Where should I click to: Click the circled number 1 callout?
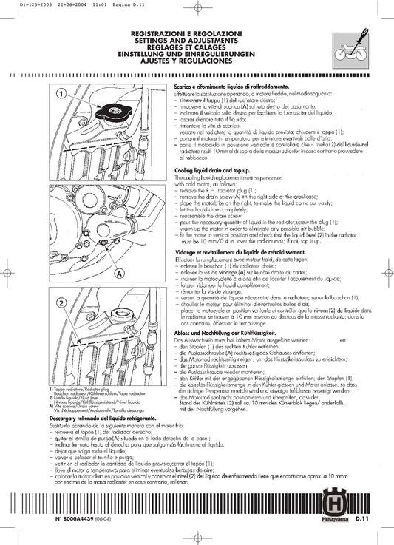tap(61, 94)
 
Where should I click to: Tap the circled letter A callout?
tap(118, 271)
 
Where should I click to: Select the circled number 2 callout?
tap(61, 305)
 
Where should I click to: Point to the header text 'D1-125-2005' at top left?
tap(18, 4)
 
